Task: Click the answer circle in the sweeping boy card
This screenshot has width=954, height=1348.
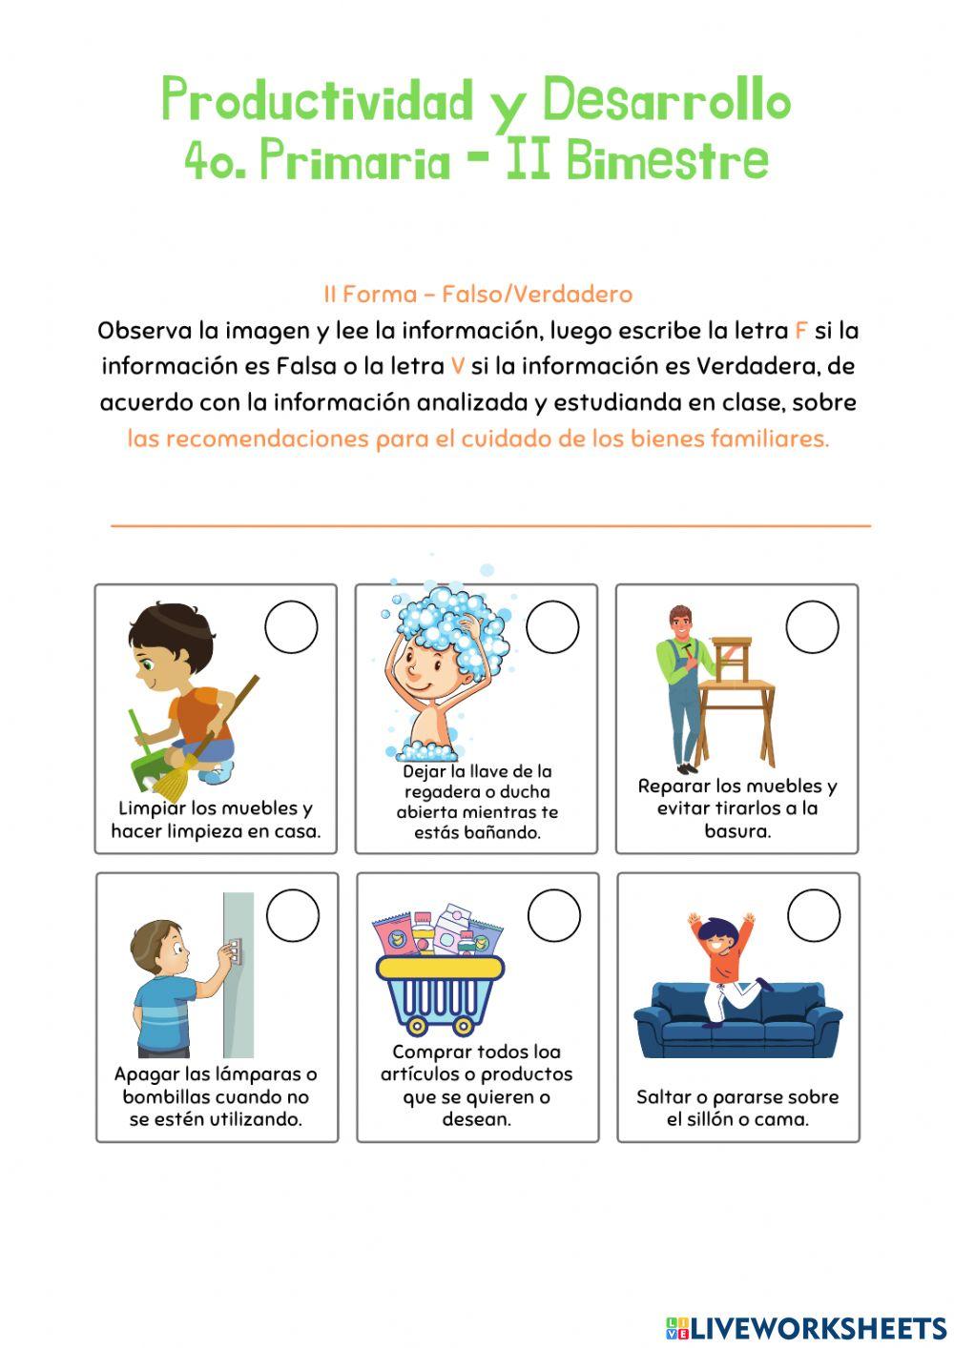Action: coord(291,627)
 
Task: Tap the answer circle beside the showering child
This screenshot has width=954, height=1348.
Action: coord(552,627)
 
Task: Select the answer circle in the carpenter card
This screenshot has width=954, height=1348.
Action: coord(812,627)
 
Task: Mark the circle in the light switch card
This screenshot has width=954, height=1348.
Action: coord(293,916)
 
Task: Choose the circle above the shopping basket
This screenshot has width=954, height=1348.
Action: coord(553,916)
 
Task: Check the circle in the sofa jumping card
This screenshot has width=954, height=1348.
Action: coord(814,916)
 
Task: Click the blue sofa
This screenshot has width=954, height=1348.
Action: coord(737,1025)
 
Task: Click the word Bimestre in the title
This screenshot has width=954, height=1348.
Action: coord(667,161)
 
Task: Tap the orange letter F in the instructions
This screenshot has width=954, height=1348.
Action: coord(799,331)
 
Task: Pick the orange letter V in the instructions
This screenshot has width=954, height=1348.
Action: coord(457,366)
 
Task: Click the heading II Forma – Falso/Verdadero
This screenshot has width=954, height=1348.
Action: coord(477,294)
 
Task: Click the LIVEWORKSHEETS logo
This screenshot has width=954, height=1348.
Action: coord(805,1327)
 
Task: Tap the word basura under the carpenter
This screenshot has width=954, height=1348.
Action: coord(736,830)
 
